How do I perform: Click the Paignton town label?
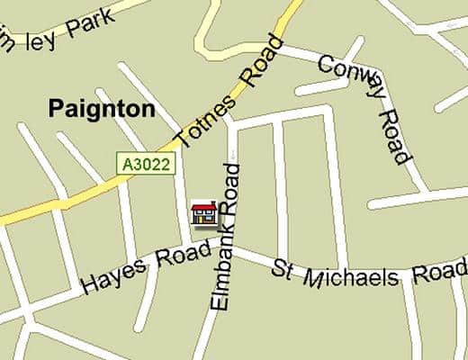(x=102, y=110)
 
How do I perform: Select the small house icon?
(x=205, y=214)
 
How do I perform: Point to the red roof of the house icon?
(x=205, y=208)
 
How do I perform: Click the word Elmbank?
(x=223, y=270)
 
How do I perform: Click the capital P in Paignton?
(x=55, y=110)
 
